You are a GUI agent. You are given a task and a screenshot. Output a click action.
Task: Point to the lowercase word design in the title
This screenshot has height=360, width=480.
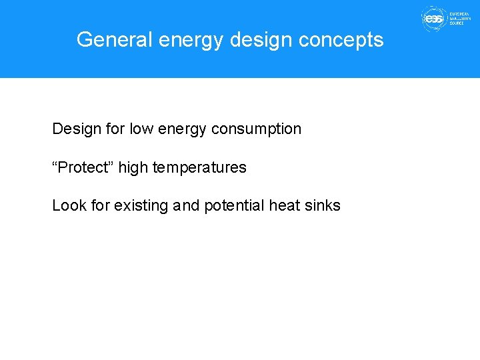pos(261,40)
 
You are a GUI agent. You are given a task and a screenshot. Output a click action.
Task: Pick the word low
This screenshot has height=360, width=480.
pos(141,129)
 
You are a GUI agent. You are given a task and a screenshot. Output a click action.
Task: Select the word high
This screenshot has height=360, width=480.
pos(133,167)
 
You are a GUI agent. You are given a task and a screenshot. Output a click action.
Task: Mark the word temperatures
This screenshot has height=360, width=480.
pos(199,167)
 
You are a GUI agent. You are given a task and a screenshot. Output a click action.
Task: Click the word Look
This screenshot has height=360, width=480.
pos(69,205)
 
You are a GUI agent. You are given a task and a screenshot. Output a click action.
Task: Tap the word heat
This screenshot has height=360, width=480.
pos(284,205)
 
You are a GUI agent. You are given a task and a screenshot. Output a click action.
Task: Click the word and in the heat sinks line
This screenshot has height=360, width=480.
pos(186,205)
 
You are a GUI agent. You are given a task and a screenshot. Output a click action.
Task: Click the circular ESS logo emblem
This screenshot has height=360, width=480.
pos(433,19)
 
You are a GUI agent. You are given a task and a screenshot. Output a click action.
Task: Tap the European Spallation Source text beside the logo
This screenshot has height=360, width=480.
pos(461,19)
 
